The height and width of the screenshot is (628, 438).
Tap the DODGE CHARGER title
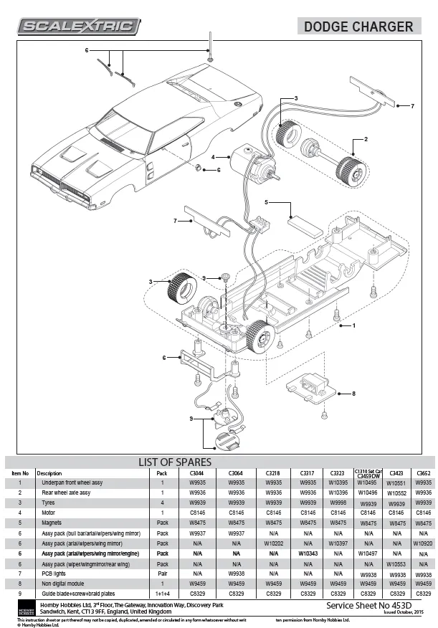click(358, 27)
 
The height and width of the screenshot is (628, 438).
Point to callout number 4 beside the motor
click(213, 156)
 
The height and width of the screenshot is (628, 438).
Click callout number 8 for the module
click(353, 393)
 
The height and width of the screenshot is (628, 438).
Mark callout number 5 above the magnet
click(266, 203)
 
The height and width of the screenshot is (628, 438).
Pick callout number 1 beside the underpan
click(353, 325)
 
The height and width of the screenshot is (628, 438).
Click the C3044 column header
click(198, 473)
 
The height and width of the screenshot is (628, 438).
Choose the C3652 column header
click(423, 473)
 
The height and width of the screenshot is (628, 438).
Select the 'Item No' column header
click(20, 473)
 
